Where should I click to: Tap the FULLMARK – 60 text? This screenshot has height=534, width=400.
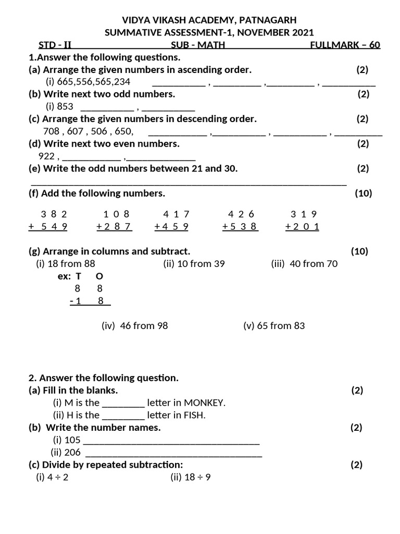coord(345,45)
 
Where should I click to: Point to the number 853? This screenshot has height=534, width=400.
coord(65,106)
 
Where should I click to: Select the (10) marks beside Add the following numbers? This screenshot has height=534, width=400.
coord(363,193)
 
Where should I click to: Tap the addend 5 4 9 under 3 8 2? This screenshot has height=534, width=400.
coord(54,226)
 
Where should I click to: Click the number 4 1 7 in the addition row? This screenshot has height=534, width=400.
coord(176,214)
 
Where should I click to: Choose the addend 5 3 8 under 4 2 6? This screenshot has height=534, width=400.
coord(244,226)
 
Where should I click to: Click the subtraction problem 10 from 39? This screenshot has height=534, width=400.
coord(194,263)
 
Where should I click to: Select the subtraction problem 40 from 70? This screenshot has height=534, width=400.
coord(304,263)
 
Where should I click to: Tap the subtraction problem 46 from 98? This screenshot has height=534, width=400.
coord(134,325)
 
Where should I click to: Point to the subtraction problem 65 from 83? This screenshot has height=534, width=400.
coord(274,325)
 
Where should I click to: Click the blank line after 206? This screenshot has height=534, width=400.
coord(173,453)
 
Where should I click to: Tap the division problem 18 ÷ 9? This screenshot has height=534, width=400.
coord(190,477)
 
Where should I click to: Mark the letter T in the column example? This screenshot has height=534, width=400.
coord(78,276)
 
